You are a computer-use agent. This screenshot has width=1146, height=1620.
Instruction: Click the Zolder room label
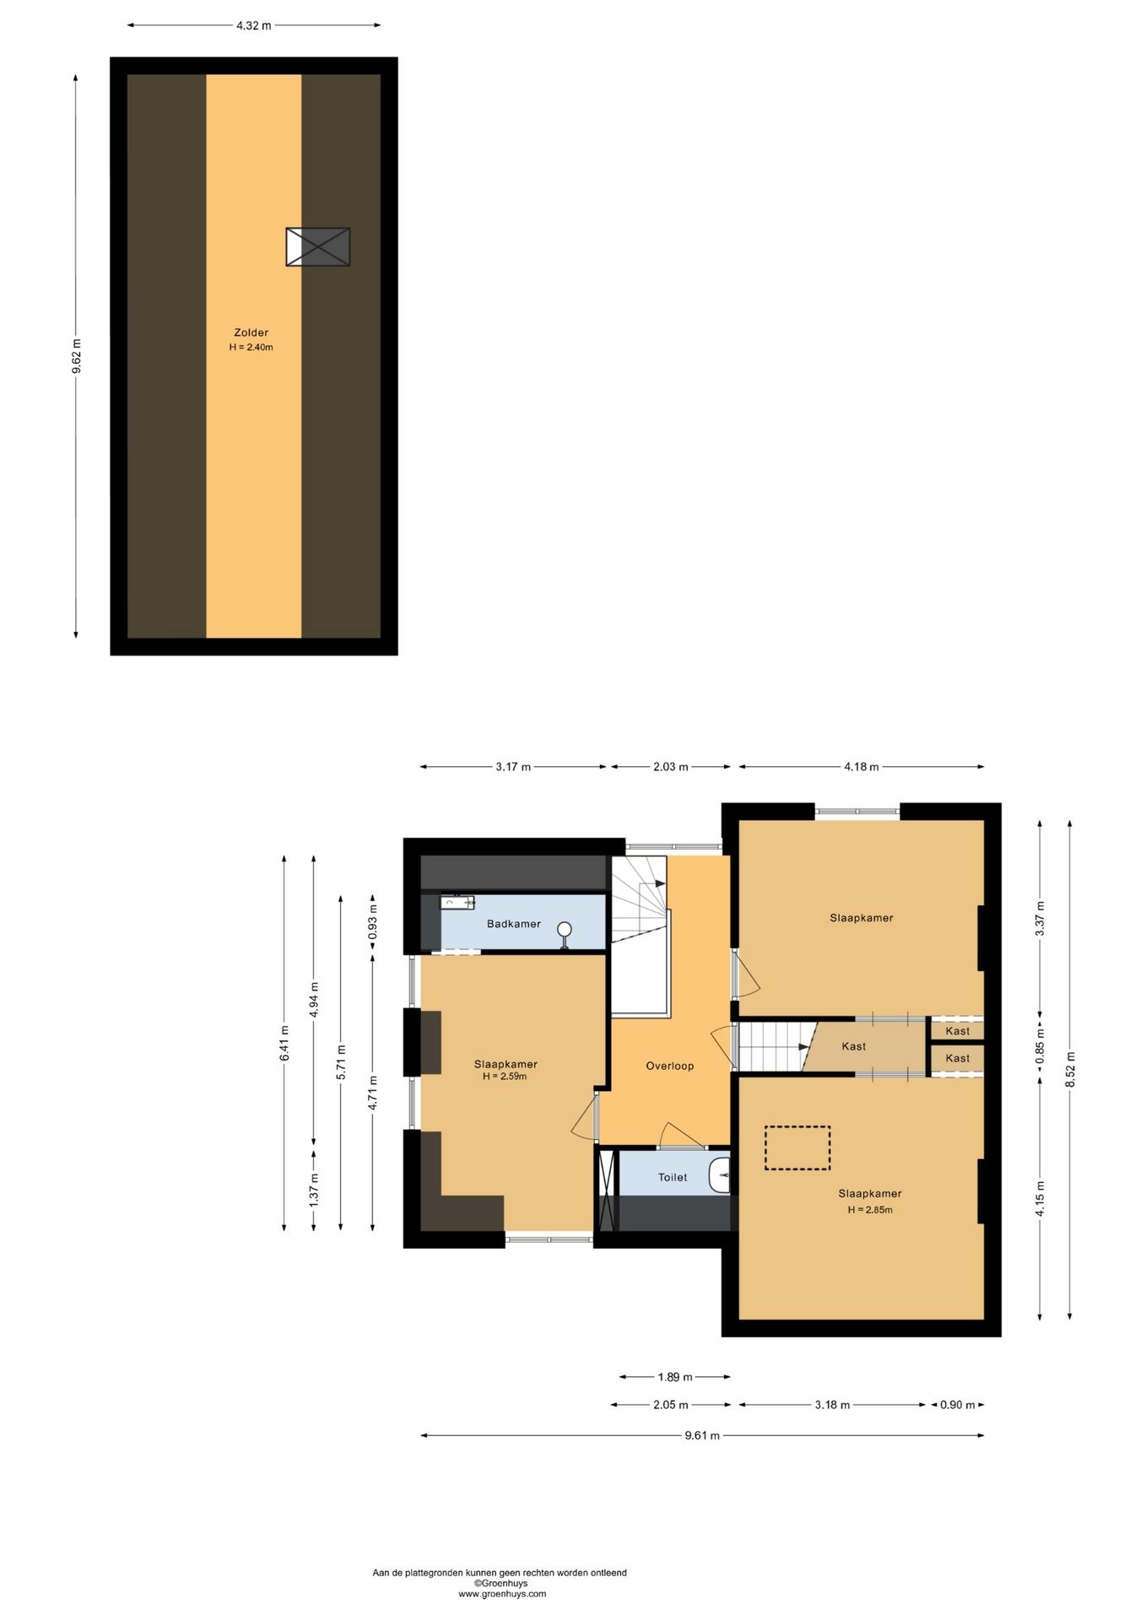pyautogui.click(x=251, y=332)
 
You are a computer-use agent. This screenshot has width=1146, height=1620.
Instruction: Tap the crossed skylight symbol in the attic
pyautogui.click(x=317, y=247)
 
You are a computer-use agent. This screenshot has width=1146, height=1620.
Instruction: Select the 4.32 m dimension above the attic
pyautogui.click(x=254, y=25)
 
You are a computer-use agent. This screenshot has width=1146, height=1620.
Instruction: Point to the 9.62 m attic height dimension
pyautogui.click(x=76, y=356)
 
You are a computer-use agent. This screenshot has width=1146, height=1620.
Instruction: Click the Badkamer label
pyautogui.click(x=514, y=924)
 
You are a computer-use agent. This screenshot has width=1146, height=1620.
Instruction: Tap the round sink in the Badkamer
pyautogui.click(x=565, y=931)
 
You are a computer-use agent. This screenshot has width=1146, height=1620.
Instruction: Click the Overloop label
pyautogui.click(x=670, y=1066)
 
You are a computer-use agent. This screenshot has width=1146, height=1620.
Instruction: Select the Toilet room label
pyautogui.click(x=673, y=1177)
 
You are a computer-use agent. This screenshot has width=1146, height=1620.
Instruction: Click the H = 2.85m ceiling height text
pyautogui.click(x=870, y=1210)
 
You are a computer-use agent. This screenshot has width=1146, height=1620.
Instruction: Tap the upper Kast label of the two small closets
pyautogui.click(x=958, y=1031)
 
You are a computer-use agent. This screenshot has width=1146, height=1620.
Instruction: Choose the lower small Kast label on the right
pyautogui.click(x=958, y=1058)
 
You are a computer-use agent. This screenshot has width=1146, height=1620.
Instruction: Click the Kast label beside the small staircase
pyautogui.click(x=854, y=1046)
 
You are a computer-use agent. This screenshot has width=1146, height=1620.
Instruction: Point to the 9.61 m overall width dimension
pyautogui.click(x=702, y=1435)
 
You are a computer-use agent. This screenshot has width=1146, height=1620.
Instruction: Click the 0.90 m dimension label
pyautogui.click(x=958, y=1405)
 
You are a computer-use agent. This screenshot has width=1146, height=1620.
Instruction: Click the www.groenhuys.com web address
pyautogui.click(x=502, y=1594)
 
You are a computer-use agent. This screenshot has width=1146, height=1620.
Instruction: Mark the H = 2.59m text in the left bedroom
pyautogui.click(x=505, y=1077)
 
